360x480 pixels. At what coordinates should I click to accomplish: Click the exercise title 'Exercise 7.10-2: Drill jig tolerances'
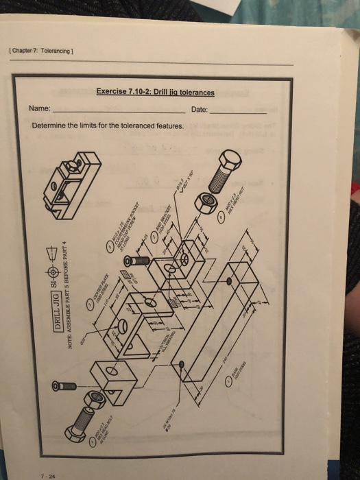coord(155,93)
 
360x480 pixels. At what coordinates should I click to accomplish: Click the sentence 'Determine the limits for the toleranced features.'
coord(108,126)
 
